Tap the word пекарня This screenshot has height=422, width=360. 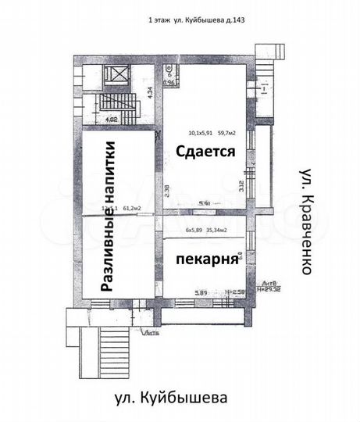[206, 259]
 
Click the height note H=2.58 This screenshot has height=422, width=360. [234, 292]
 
